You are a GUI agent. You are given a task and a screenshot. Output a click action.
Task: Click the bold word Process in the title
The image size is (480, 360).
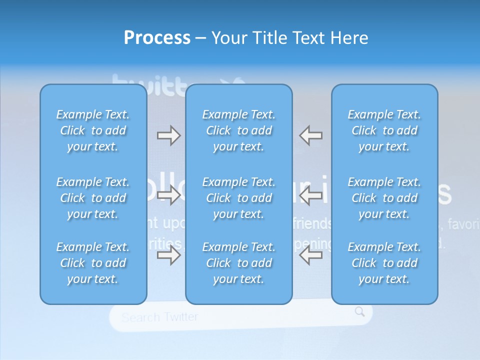157,38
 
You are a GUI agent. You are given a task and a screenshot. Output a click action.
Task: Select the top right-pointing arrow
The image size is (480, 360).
168,135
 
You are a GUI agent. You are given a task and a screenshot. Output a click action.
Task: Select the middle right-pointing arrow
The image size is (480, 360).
168,195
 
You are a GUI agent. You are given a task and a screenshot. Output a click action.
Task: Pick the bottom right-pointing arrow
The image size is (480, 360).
168,255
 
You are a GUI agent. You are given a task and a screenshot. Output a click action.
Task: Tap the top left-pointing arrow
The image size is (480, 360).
311,135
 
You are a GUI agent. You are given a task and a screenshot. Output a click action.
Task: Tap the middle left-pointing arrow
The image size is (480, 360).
311,195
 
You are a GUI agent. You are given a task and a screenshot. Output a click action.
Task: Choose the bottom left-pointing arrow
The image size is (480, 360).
311,255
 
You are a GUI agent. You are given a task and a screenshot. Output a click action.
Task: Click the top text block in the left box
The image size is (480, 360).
93,130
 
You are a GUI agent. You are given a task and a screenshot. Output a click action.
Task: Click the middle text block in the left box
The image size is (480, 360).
93,198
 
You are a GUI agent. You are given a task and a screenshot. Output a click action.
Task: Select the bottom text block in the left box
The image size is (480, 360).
93,263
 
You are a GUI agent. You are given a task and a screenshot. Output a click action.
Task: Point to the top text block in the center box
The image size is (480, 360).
239,130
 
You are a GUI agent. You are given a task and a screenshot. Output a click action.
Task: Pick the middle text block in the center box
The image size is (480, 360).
239,198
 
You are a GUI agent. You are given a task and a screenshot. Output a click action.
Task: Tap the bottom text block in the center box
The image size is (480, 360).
239,263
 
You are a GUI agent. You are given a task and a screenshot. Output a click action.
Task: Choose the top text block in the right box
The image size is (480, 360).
384,130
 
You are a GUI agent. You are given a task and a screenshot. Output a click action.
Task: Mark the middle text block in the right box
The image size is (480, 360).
384,198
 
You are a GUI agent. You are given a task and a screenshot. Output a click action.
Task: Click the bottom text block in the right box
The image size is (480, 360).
384,263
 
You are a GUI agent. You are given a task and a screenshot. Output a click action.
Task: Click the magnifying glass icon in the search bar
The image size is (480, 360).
360,312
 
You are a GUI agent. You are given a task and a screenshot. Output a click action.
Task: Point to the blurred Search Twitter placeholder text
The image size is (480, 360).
160,317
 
